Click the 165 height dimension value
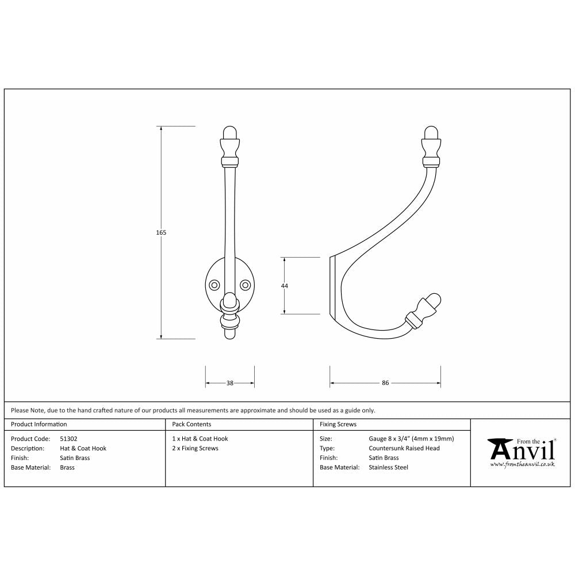[x=161, y=233]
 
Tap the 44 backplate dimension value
[x=285, y=286]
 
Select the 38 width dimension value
[x=230, y=383]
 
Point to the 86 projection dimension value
[x=385, y=383]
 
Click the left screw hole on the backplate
[x=214, y=285]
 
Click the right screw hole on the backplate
[x=246, y=285]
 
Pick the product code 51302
[x=69, y=439]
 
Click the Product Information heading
[x=39, y=424]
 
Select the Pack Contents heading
[x=191, y=424]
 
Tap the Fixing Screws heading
[x=338, y=424]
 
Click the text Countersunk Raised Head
[x=404, y=448]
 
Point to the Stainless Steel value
[x=388, y=467]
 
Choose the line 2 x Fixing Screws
[x=195, y=448]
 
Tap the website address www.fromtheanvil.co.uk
[x=522, y=464]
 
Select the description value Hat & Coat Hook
[x=83, y=448]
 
